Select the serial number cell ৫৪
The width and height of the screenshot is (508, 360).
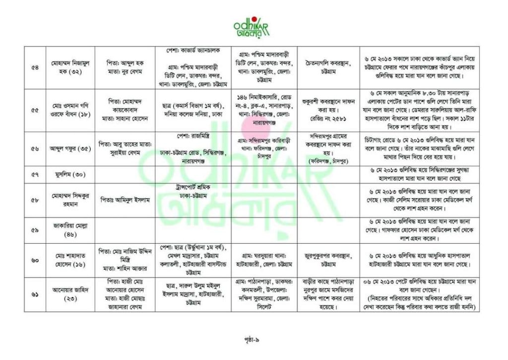coord(35,68)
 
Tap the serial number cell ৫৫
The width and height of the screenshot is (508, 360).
coord(35,110)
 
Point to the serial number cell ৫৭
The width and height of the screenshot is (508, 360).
coord(35,175)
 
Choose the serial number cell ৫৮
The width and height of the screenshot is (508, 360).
coord(35,200)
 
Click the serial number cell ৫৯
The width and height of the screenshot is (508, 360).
coord(35,230)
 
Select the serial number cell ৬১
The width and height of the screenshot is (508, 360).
coord(35,294)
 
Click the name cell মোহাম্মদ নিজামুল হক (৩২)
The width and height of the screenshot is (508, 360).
coord(69,68)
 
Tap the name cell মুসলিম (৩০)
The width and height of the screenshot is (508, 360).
coord(69,175)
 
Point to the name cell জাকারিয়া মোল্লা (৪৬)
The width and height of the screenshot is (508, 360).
coord(69,230)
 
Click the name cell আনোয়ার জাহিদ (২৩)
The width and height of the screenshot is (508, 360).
coord(69,294)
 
